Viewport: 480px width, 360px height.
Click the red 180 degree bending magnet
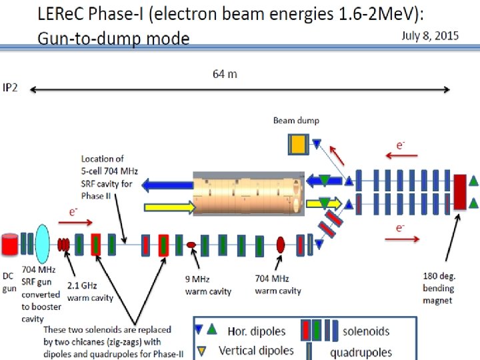(x=459, y=191)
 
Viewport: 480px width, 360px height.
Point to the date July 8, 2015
(x=430, y=36)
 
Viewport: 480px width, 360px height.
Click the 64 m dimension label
(x=225, y=74)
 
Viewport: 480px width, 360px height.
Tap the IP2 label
(x=10, y=87)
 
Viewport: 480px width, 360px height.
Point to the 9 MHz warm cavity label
(x=209, y=285)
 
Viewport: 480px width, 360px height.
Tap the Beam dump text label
(x=296, y=121)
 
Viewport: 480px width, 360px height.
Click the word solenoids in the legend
(x=367, y=331)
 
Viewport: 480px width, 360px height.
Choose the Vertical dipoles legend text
(x=256, y=349)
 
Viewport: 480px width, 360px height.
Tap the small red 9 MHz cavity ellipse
(x=191, y=245)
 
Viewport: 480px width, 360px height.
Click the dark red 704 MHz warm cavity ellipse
(x=281, y=245)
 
